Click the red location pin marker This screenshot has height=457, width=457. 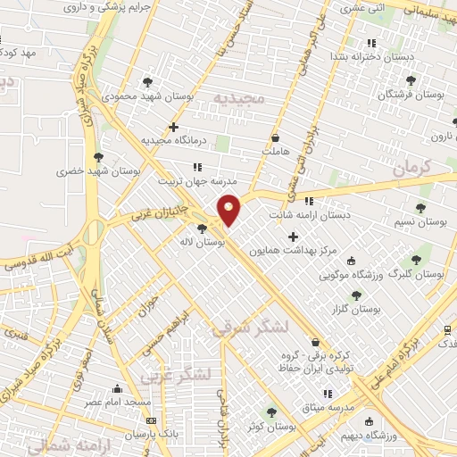pyautogui.click(x=229, y=209)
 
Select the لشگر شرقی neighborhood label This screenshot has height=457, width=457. pyautogui.click(x=251, y=328)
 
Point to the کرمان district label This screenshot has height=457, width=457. pyautogui.click(x=411, y=166)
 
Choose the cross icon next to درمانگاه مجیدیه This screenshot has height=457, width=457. pyautogui.click(x=173, y=127)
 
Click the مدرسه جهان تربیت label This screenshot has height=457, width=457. pyautogui.click(x=195, y=180)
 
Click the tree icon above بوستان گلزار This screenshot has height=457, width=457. pyautogui.click(x=356, y=295)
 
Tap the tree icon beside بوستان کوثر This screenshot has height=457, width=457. pyautogui.click(x=271, y=412)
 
